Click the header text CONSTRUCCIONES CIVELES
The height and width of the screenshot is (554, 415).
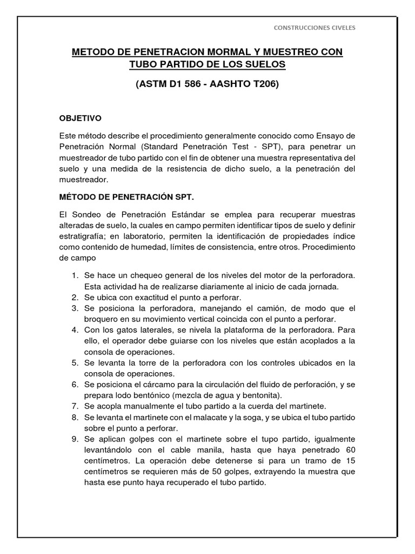(x=314, y=28)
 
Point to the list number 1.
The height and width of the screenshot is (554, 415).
(x=75, y=276)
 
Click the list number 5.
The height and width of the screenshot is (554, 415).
(x=75, y=362)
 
